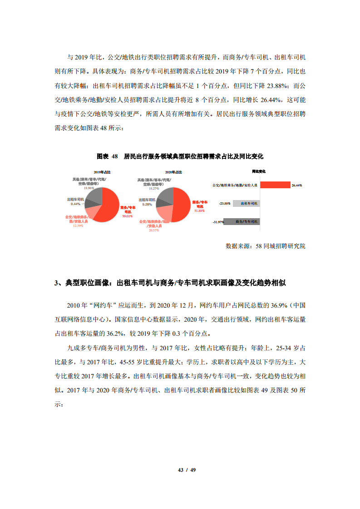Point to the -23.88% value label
point(225,203)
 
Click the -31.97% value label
point(218,222)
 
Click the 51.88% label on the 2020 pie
point(199,210)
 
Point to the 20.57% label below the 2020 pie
point(154,230)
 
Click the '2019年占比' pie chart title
point(102,172)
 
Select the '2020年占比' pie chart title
point(174,172)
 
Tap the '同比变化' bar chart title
point(258,171)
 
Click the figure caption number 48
point(114,156)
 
